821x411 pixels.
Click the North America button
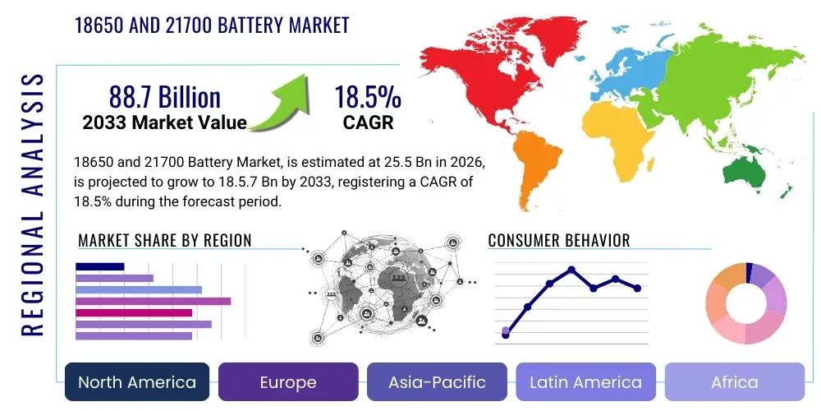point(137,382)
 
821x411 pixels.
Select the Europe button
point(287,382)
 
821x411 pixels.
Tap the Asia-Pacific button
point(438,382)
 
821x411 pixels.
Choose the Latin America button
point(585,382)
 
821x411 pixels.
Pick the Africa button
point(734,382)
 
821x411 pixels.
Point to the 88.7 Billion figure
point(164,98)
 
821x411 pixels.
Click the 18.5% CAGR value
point(367,98)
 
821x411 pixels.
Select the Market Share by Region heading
point(164,241)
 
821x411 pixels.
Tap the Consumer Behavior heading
point(558,241)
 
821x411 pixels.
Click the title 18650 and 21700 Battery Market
point(212,25)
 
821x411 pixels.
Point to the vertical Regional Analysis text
point(33,205)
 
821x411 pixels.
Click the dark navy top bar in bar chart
point(99,266)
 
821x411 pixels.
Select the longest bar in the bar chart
point(153,301)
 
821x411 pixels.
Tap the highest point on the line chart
point(571,270)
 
